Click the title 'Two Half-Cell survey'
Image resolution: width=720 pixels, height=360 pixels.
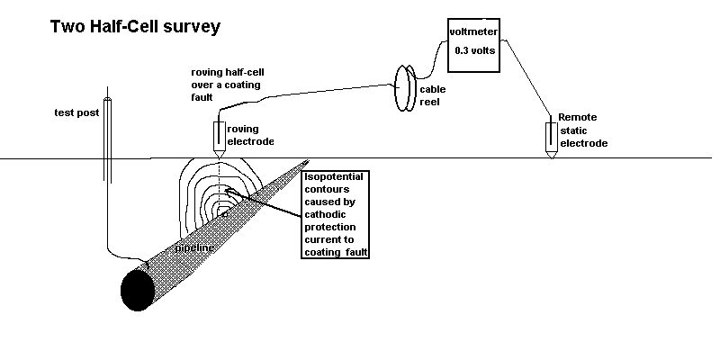click(x=135, y=27)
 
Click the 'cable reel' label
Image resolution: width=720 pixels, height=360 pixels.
click(x=434, y=95)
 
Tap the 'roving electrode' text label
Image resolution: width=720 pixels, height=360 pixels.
click(x=249, y=135)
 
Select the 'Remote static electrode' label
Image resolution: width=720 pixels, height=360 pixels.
click(x=583, y=130)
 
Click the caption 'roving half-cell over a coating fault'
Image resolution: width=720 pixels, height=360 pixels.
click(x=229, y=85)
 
